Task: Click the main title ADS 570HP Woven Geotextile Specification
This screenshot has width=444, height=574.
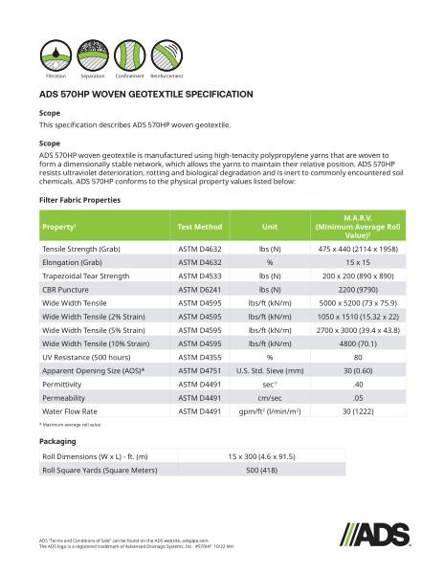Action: coord(145,96)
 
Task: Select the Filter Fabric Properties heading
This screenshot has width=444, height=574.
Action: coord(79,200)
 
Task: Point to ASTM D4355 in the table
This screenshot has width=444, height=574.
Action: coord(200,356)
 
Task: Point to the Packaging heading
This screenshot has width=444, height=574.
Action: coord(57,441)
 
